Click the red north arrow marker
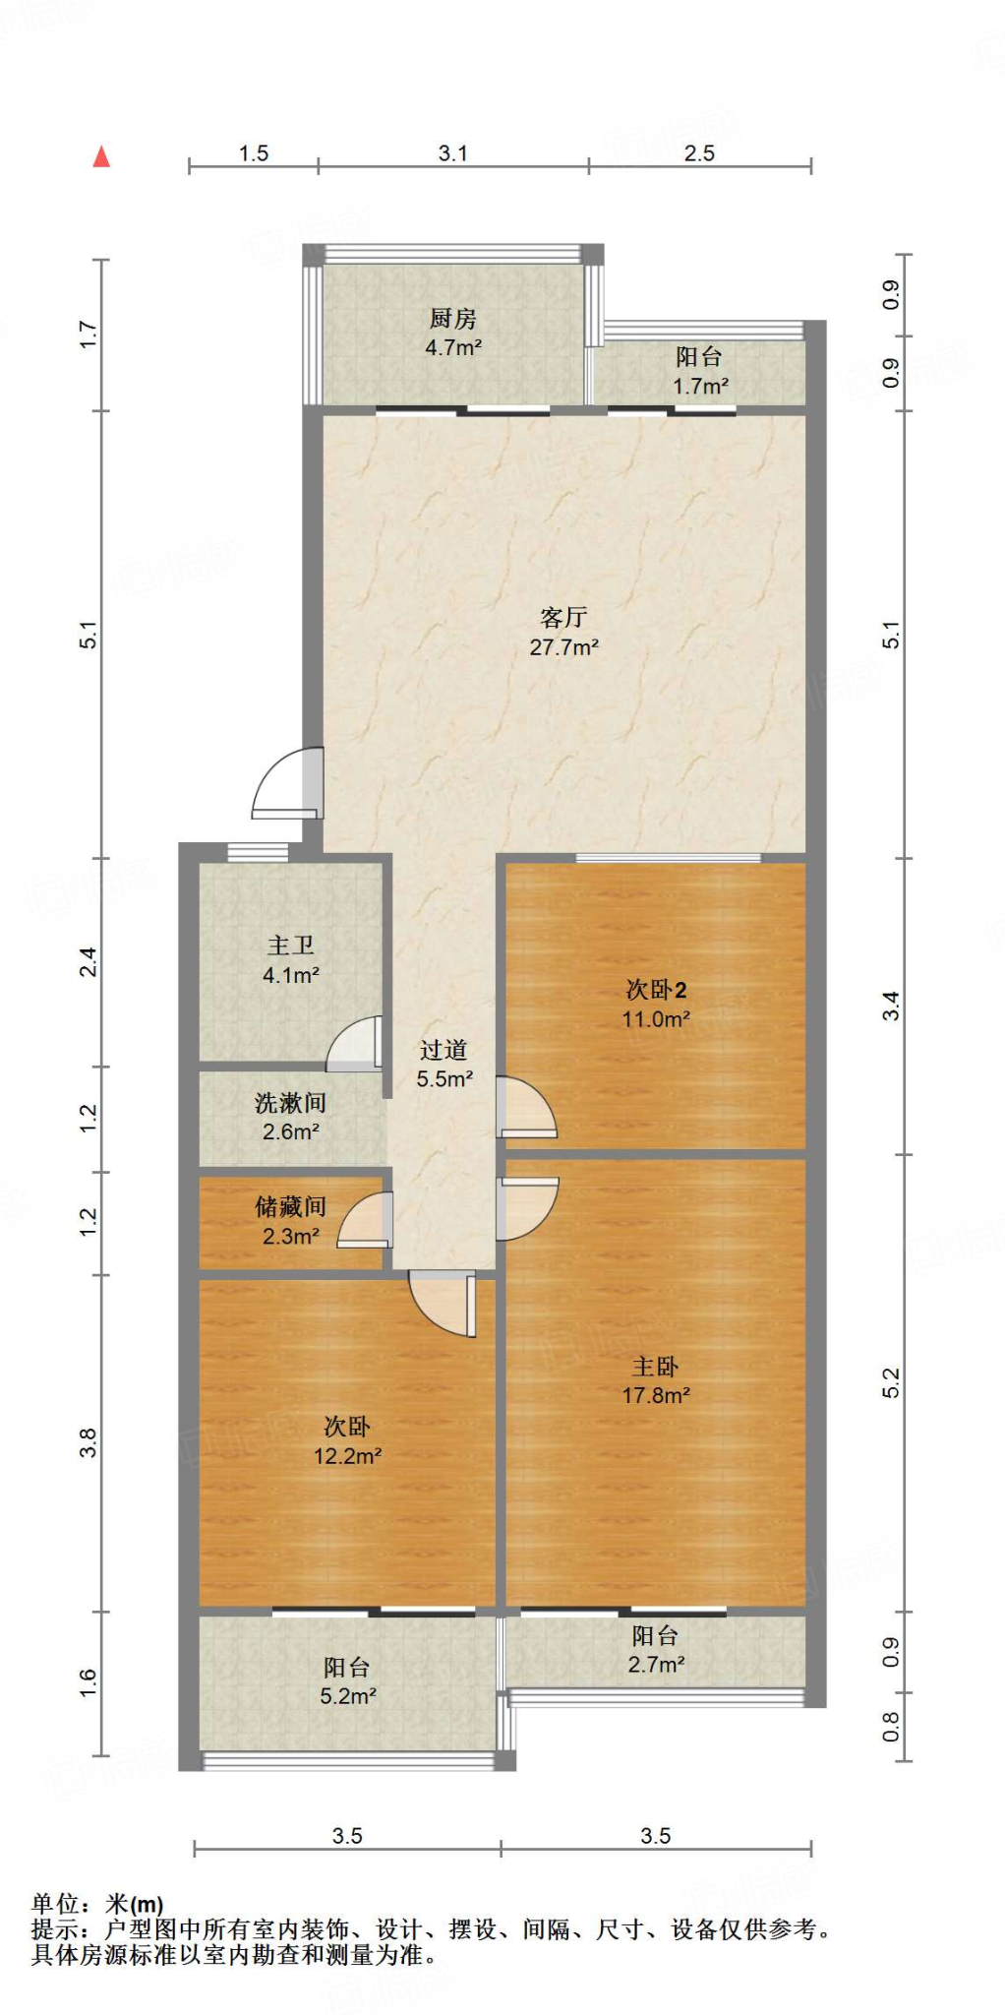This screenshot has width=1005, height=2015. [101, 156]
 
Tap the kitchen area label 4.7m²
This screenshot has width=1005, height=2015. [452, 347]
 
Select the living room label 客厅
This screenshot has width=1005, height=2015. [563, 618]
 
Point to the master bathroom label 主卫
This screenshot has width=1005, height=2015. [291, 946]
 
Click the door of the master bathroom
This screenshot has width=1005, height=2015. [355, 1045]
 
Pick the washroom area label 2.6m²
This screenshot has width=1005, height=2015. [290, 1132]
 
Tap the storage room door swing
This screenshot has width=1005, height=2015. [366, 1222]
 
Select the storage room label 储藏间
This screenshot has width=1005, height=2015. [290, 1207]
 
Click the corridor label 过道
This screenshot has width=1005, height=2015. [443, 1051]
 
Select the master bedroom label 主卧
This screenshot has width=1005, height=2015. [655, 1367]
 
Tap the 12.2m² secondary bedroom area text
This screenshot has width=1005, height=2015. [347, 1456]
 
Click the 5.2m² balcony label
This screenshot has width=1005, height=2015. [347, 1696]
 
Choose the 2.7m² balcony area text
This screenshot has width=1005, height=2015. [656, 1665]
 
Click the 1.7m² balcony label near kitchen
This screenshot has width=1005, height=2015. [700, 387]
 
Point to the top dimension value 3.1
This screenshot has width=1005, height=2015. [452, 153]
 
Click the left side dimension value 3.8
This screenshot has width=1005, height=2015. [89, 1442]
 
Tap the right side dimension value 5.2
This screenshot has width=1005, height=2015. [891, 1383]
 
